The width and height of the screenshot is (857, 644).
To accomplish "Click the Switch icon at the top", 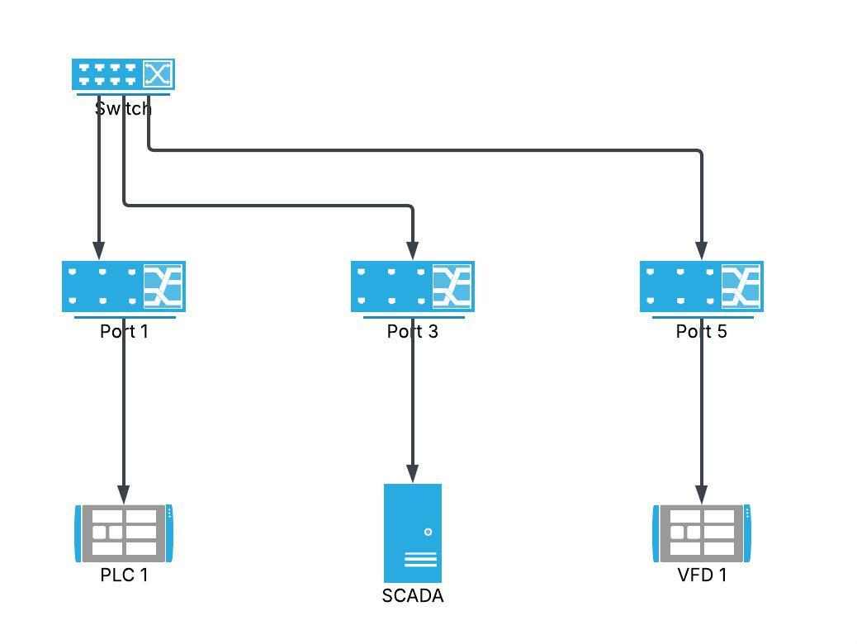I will coord(123,74).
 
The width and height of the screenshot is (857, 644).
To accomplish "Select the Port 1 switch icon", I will coord(124,286).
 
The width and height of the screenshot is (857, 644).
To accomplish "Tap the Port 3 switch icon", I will coord(413,286).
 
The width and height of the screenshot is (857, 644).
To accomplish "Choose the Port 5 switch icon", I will coord(702,286).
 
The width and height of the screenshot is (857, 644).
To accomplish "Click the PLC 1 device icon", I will coord(124,533).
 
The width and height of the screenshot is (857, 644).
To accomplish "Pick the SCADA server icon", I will coord(413,533).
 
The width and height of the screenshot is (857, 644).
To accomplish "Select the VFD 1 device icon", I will coord(702,533).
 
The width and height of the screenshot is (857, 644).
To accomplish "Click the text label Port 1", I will coord(124,332).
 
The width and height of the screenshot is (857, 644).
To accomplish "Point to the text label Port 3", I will coord(413,332).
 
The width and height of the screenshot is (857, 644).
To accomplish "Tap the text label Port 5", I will coord(702,332).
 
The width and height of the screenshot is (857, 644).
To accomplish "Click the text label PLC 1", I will coord(124,575).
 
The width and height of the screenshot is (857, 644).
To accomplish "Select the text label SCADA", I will coord(413,596).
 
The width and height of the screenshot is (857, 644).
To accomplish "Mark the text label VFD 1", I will coord(702,575).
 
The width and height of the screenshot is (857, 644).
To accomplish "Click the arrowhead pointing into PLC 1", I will coord(124,494).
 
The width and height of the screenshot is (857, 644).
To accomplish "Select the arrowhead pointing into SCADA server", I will coord(413,474).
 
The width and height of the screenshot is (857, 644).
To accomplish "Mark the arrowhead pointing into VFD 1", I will coord(702,494).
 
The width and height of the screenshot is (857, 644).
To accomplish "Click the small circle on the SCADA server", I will coord(428,532).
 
